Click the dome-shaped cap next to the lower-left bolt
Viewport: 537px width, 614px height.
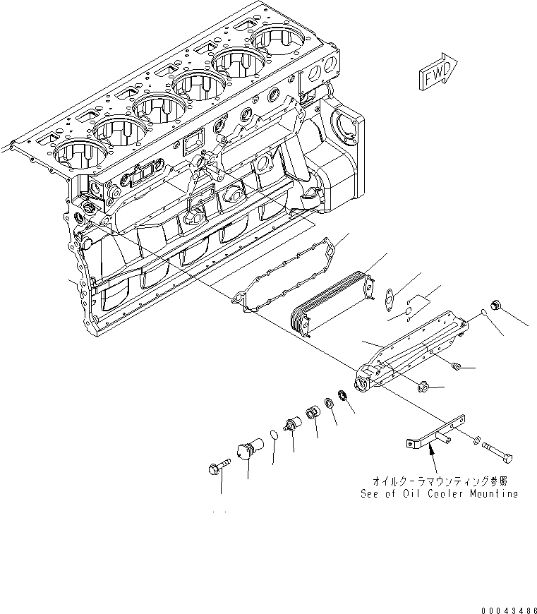[248, 450]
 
